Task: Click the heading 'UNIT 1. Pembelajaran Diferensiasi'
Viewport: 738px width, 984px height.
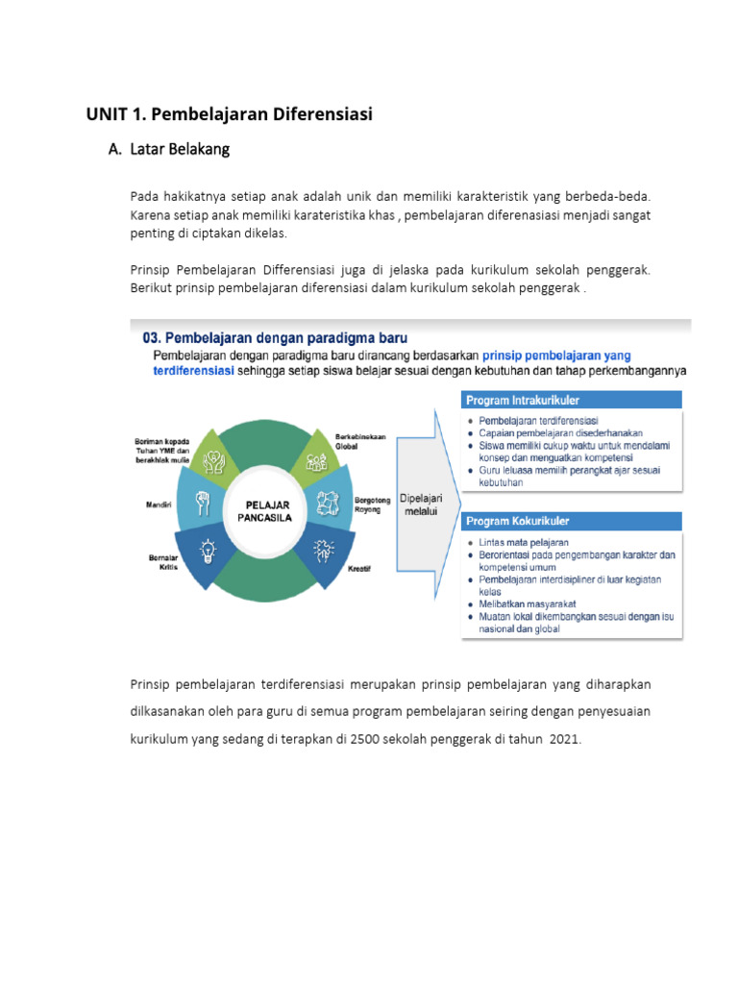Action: [229, 114]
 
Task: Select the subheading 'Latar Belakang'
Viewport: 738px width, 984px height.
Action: [179, 150]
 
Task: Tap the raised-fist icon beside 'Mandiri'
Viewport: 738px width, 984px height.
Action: [202, 501]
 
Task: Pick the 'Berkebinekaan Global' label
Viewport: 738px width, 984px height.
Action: [360, 441]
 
